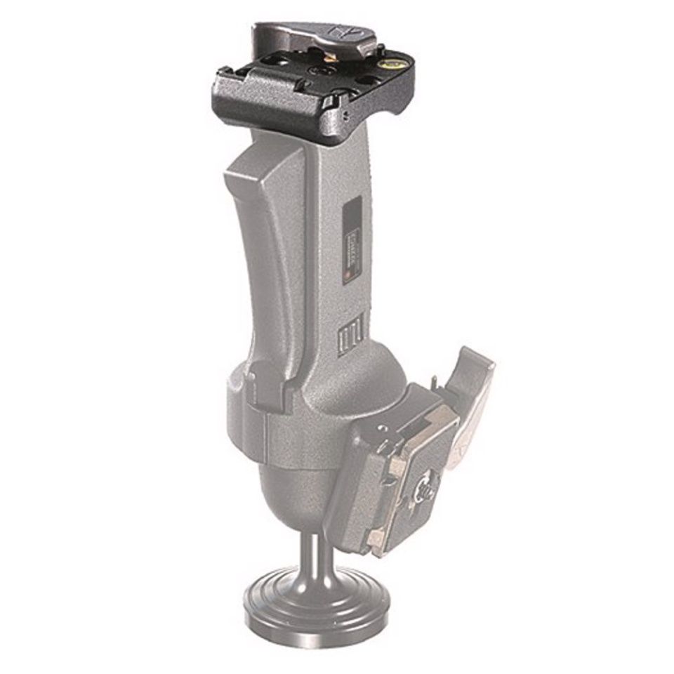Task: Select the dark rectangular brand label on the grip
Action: pyautogui.click(x=353, y=239)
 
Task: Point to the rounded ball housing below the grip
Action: pyautogui.click(x=302, y=484)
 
